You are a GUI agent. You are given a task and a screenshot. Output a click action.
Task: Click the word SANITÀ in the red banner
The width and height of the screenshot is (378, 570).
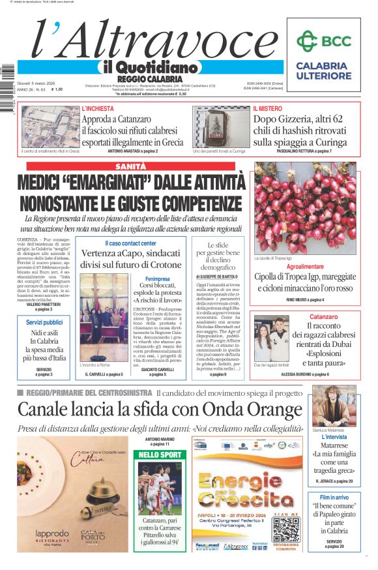tap(131, 167)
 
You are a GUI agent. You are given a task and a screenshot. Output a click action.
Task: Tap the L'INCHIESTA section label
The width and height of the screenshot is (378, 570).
tap(98, 108)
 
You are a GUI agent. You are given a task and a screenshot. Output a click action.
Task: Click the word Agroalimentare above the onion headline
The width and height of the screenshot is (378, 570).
tap(304, 267)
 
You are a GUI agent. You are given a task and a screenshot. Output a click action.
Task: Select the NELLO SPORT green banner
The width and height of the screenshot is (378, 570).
tap(160, 454)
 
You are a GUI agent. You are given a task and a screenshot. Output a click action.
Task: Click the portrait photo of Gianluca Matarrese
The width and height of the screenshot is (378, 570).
tap(334, 404)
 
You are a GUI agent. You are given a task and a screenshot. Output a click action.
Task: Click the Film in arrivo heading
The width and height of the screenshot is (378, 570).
tap(334, 497)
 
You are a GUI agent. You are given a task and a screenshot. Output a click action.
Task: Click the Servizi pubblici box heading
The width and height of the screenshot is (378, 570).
tap(45, 322)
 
